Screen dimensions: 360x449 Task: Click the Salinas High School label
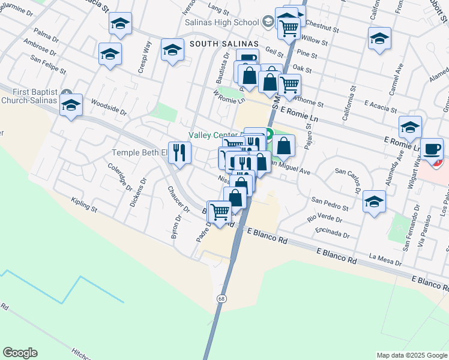point(231,22)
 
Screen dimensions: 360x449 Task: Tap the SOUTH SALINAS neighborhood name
point(224,44)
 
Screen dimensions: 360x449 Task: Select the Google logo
point(20,353)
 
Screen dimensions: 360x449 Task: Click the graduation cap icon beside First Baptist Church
point(71,106)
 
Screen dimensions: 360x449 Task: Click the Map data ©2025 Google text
point(412,355)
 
